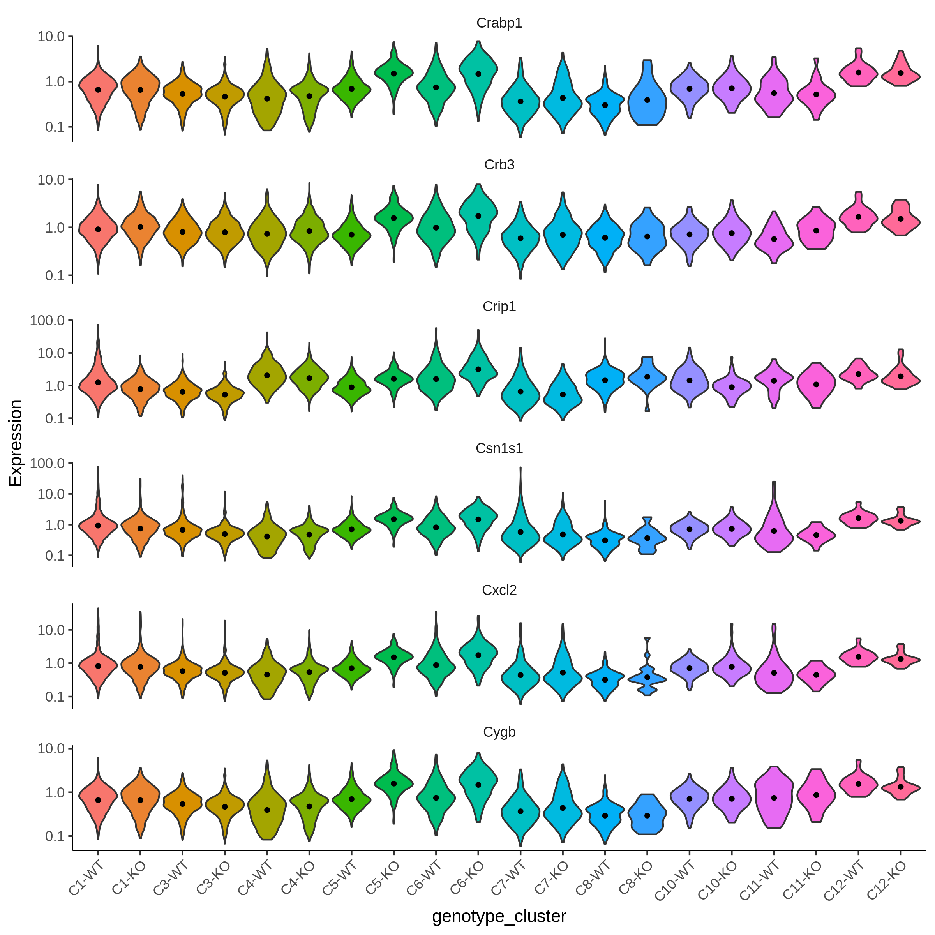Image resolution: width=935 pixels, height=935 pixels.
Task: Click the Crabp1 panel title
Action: coord(499,23)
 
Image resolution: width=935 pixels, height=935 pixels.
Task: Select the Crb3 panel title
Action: coord(499,165)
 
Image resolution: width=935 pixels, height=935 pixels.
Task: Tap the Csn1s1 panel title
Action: coord(499,449)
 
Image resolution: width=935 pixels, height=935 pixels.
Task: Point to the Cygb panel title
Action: coord(499,732)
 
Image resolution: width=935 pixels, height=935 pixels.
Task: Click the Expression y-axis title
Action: coord(16,443)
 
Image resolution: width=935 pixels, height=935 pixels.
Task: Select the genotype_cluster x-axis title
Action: coord(499,916)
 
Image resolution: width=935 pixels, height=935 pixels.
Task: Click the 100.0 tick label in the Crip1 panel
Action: coord(48,320)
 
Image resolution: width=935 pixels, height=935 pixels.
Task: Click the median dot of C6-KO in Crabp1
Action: coord(478,74)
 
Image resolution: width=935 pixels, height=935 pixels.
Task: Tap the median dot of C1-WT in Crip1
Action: coord(98,382)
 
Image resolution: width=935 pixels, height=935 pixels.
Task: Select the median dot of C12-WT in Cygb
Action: coord(859,783)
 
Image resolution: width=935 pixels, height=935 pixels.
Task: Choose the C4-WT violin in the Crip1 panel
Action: coord(267,375)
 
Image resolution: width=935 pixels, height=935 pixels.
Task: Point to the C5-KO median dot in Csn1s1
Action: coord(394,519)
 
